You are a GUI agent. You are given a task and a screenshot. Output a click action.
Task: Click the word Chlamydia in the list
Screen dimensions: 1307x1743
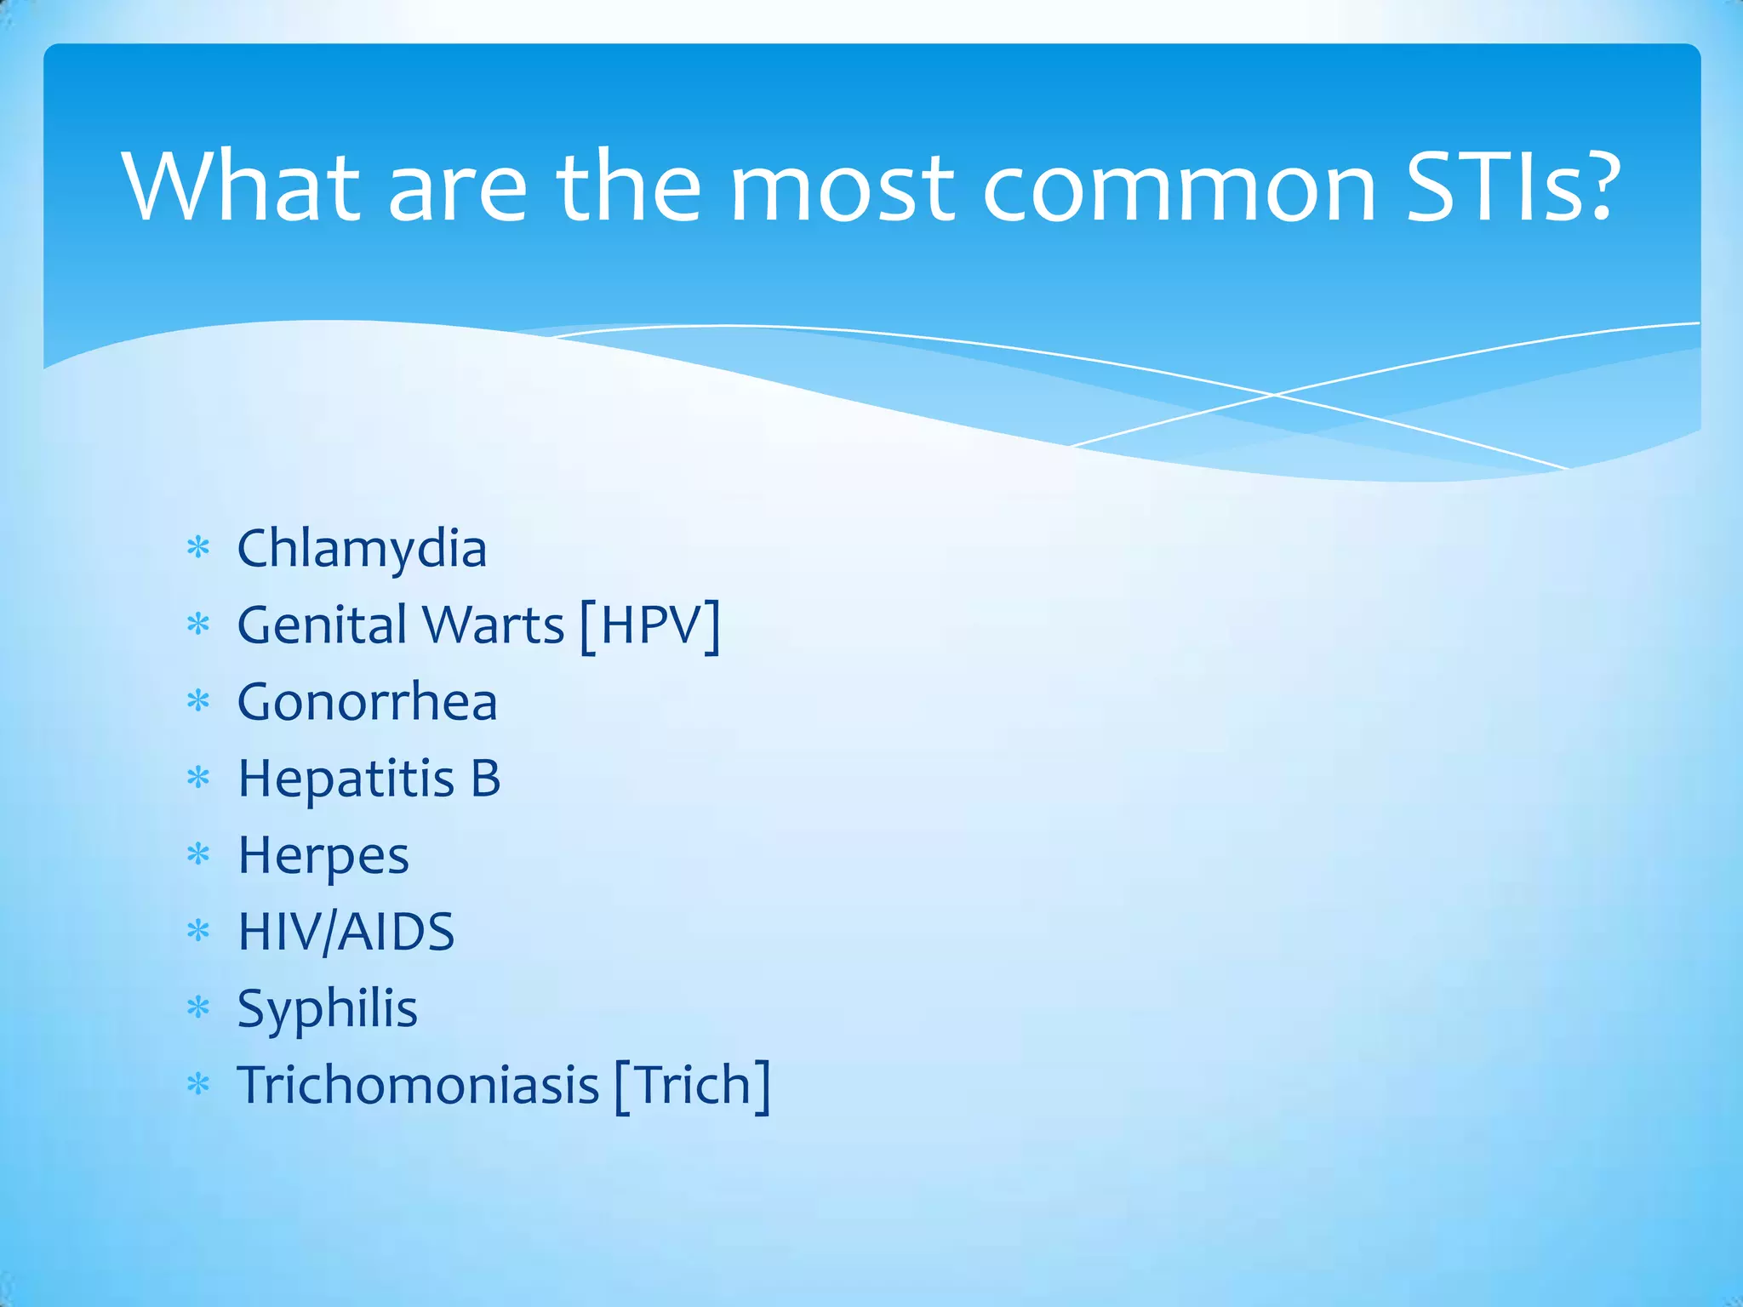point(362,549)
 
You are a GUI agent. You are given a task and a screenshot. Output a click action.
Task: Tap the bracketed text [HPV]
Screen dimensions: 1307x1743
point(650,625)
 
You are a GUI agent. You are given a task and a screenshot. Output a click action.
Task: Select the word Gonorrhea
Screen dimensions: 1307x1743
point(367,702)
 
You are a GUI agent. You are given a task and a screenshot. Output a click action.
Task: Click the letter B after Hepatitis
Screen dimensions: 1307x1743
point(485,779)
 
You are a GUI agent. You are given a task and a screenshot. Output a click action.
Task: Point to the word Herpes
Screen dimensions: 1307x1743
point(323,856)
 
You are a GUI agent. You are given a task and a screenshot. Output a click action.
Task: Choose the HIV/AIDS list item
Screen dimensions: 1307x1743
point(346,932)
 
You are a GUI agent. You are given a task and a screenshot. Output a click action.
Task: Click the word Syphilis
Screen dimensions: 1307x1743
point(328,1009)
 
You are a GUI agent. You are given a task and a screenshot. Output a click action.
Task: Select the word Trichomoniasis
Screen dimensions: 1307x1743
point(418,1086)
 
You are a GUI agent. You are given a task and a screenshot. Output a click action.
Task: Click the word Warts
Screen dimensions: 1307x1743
point(494,625)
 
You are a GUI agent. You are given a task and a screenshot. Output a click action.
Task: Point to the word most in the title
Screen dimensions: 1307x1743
point(843,189)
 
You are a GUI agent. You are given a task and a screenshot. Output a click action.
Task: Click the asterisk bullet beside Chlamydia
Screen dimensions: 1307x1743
point(198,548)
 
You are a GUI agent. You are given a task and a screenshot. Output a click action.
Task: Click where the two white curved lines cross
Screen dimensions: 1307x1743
point(1274,395)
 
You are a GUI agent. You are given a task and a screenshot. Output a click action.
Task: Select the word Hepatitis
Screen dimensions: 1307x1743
point(346,779)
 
